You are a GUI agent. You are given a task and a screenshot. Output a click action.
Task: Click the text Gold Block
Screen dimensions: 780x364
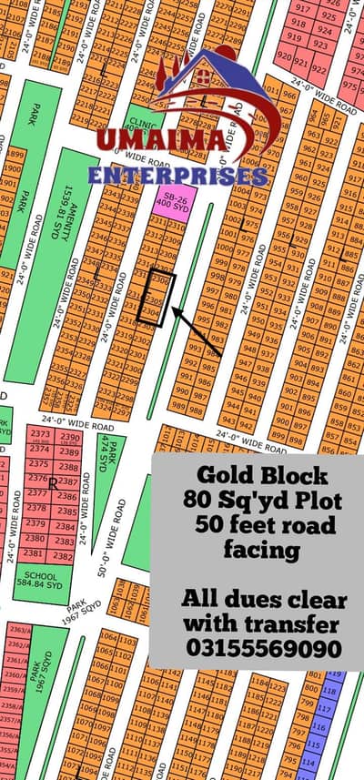266,476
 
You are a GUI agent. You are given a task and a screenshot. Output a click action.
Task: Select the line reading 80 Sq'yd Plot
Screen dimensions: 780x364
266,501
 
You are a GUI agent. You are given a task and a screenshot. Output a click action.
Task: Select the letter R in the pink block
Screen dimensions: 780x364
54,481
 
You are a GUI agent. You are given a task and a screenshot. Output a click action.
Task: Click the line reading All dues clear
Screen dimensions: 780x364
264,600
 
